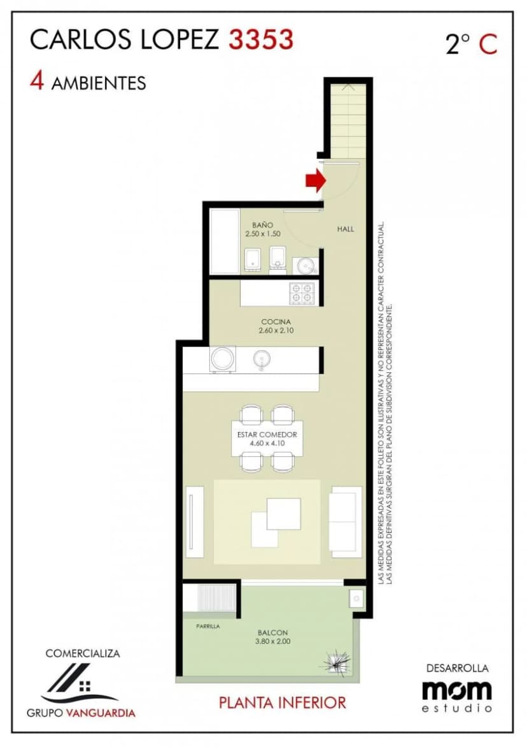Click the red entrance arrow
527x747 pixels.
315,180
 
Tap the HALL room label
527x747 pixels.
346,229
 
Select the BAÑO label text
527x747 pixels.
263,225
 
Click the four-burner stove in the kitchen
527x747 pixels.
302,293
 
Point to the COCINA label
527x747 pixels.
276,322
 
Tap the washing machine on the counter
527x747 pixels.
223,359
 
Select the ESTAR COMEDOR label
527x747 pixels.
267,435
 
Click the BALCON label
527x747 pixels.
272,633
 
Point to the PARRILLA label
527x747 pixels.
208,627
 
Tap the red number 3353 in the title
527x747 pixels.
261,39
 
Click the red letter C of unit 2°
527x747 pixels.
488,45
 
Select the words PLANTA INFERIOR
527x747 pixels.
283,702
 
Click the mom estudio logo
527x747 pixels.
456,696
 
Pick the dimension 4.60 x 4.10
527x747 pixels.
267,443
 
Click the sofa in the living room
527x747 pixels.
346,521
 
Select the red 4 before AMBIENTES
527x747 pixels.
37,81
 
